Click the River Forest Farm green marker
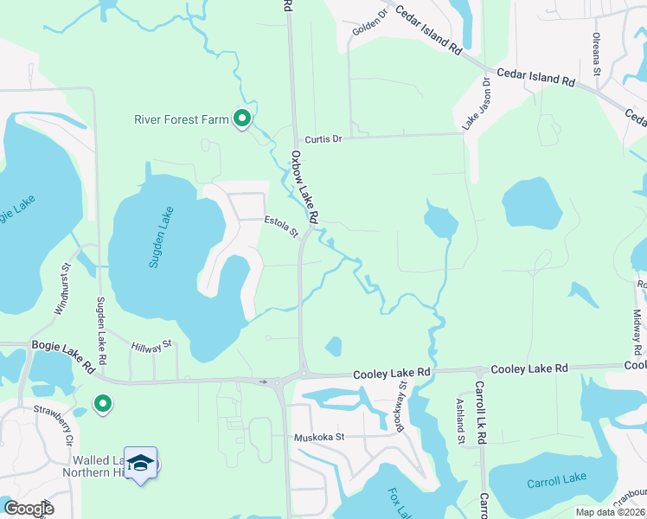coord(243,119)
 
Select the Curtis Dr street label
coord(323,138)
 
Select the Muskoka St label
coord(318,437)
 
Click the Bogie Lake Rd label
coord(62,345)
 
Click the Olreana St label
coord(596,53)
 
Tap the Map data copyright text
coord(611,512)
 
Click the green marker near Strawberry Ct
coord(103,403)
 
